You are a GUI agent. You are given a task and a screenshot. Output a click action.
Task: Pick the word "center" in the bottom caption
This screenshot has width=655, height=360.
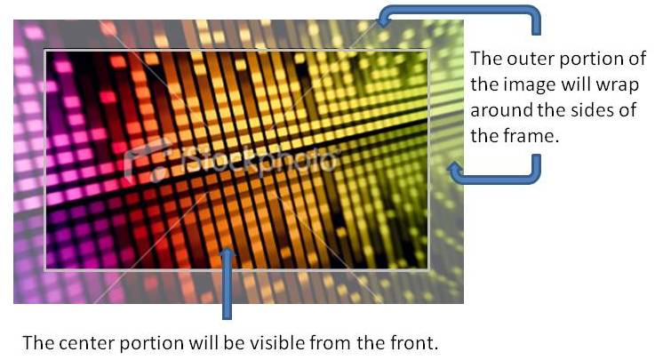[x=85, y=343]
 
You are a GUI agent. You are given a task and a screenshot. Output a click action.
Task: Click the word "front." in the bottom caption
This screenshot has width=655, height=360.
[x=414, y=343]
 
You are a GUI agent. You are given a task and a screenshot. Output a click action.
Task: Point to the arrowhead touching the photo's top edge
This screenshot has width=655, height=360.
[x=384, y=19]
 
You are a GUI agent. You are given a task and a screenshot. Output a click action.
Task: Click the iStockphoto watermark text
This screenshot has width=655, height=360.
[x=261, y=159]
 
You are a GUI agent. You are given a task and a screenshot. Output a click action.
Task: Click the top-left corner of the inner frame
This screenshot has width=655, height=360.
[x=45, y=51]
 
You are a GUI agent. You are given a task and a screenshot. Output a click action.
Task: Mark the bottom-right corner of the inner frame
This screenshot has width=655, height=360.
[x=428, y=269]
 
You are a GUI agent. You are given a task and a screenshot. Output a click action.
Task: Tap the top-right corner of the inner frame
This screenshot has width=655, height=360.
[x=428, y=51]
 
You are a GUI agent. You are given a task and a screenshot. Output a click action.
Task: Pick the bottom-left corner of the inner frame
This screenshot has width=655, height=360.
[x=45, y=269]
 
